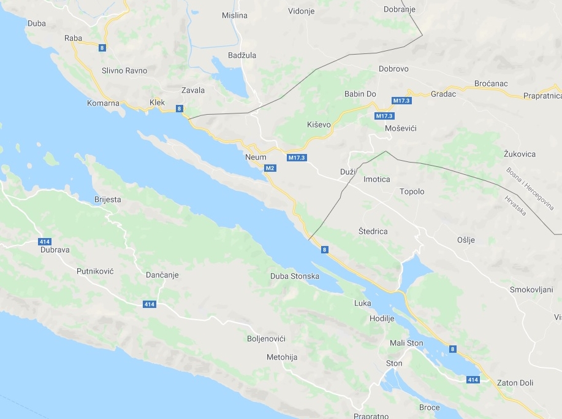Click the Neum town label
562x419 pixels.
tap(256, 157)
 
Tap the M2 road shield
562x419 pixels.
tap(270, 168)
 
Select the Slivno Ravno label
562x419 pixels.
tap(124, 71)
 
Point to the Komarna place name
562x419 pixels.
tap(103, 103)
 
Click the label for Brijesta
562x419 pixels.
tap(108, 199)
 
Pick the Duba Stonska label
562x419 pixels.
tap(295, 276)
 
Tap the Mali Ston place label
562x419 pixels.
tap(406, 343)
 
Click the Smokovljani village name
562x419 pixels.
tap(531, 290)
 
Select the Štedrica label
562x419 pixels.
tap(373, 231)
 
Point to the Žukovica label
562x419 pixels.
tap(519, 154)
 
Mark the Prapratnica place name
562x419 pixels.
tap(542, 96)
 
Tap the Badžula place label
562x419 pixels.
tap(241, 55)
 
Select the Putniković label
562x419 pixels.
tap(96, 271)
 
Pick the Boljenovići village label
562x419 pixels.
tap(266, 339)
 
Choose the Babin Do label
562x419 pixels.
tap(360, 94)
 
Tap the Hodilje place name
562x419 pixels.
tap(382, 318)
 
